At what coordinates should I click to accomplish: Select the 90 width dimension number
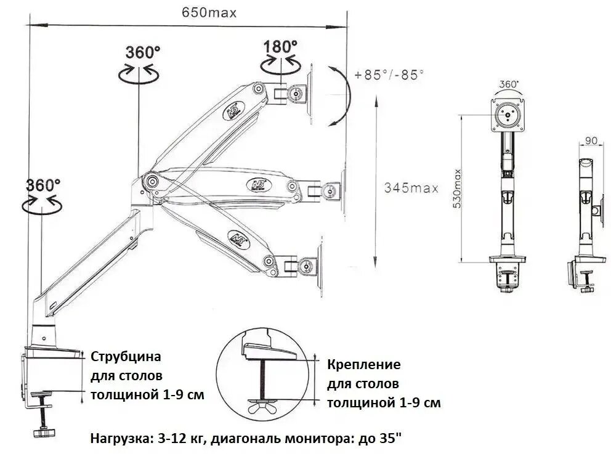click(x=590, y=141)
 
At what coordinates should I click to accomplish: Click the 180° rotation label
click(x=281, y=46)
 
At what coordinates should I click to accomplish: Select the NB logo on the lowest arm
click(x=234, y=238)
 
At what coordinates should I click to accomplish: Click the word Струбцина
click(x=126, y=356)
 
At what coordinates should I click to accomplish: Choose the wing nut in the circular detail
click(x=264, y=407)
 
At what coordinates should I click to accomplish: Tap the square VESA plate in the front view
click(x=508, y=115)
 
